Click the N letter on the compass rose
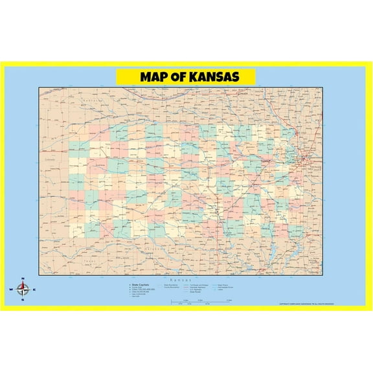(x=22, y=280)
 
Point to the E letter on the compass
(x=34, y=289)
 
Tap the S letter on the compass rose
(x=22, y=300)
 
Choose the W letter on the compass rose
(x=10, y=289)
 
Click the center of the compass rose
(x=22, y=289)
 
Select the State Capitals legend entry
(x=140, y=284)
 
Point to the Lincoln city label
(x=243, y=95)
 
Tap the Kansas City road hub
(x=299, y=158)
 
